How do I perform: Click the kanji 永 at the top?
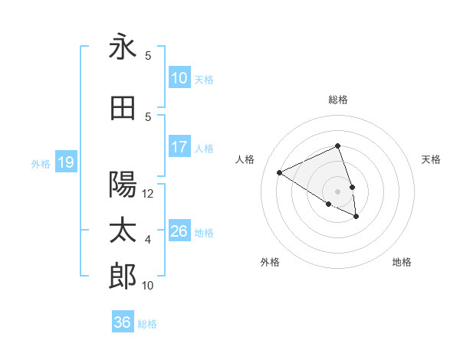click(123, 47)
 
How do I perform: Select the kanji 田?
click(123, 108)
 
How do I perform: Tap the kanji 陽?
click(123, 184)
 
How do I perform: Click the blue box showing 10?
click(179, 79)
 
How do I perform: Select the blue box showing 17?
click(179, 148)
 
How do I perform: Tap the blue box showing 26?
click(179, 232)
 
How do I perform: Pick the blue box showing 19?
click(65, 162)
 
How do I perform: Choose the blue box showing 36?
click(123, 323)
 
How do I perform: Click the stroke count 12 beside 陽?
click(148, 194)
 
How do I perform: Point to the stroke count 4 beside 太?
click(148, 240)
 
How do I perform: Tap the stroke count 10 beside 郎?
click(148, 286)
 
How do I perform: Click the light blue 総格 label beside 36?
click(147, 324)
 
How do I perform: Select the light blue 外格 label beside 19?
click(40, 163)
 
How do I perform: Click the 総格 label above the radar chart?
click(337, 100)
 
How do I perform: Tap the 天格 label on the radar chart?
click(431, 159)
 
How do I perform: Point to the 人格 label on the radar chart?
click(245, 159)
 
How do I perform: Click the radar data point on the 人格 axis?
click(280, 172)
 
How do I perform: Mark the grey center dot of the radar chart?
click(337, 191)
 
